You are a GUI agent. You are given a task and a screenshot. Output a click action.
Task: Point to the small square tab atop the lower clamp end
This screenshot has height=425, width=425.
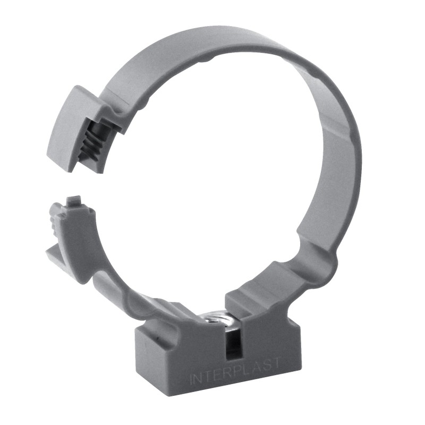73,201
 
